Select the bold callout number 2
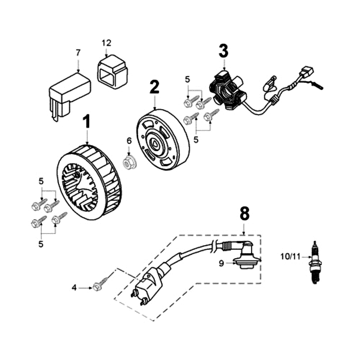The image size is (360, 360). tap(154, 87)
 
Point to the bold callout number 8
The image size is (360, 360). tap(244, 214)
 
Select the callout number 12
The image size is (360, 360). tap(106, 43)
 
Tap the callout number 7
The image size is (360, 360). tap(78, 53)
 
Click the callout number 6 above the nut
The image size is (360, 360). tap(129, 140)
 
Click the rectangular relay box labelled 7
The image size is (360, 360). tap(68, 94)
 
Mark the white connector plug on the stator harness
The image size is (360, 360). tap(308, 72)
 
